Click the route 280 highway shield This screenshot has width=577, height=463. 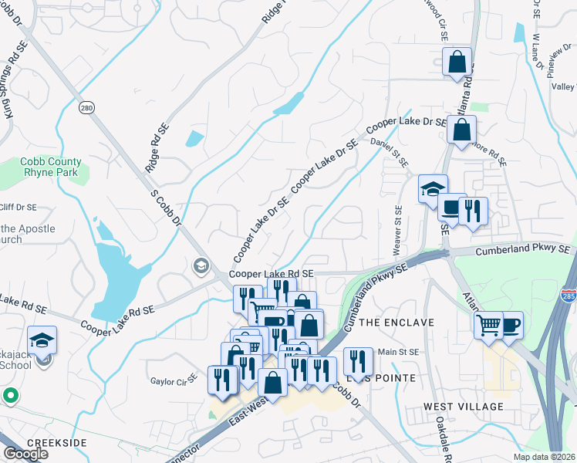pyautogui.click(x=86, y=108)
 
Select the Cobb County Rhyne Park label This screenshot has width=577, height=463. pyautogui.click(x=51, y=167)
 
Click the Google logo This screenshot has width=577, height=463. pyautogui.click(x=25, y=454)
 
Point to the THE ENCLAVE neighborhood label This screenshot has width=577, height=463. pyautogui.click(x=396, y=322)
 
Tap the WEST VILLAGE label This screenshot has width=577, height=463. pyautogui.click(x=463, y=406)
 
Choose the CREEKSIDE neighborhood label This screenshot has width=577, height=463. pyautogui.click(x=56, y=443)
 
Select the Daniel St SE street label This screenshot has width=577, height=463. pyautogui.click(x=390, y=147)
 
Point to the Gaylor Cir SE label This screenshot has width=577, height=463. pyautogui.click(x=174, y=381)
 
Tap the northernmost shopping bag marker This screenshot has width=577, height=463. pyautogui.click(x=457, y=62)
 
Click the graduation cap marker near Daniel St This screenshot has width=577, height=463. pyautogui.click(x=433, y=188)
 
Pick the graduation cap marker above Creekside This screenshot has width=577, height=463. pyautogui.click(x=42, y=340)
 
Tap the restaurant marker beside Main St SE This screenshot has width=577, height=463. pyautogui.click(x=358, y=360)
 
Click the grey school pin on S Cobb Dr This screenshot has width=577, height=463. pyautogui.click(x=201, y=266)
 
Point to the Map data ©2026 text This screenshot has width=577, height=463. pyautogui.click(x=539, y=456)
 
